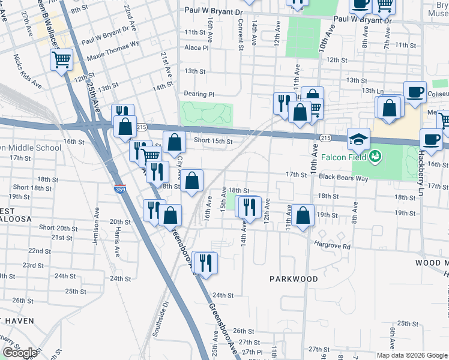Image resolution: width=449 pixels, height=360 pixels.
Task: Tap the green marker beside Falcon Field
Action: tap(376, 157)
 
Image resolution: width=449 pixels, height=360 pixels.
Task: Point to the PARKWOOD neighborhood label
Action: tap(294, 279)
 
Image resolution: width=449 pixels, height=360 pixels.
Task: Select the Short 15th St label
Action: tap(212, 141)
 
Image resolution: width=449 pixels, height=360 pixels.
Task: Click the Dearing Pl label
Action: tap(199, 94)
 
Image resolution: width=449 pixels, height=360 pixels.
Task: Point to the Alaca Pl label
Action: tap(196, 48)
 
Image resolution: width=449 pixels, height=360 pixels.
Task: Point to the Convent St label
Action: tap(240, 26)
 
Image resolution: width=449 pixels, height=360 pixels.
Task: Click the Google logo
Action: tap(20, 353)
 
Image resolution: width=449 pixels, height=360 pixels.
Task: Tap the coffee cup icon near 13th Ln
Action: tap(414, 92)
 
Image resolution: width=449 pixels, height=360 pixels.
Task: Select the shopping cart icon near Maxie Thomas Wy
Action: tap(62, 60)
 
